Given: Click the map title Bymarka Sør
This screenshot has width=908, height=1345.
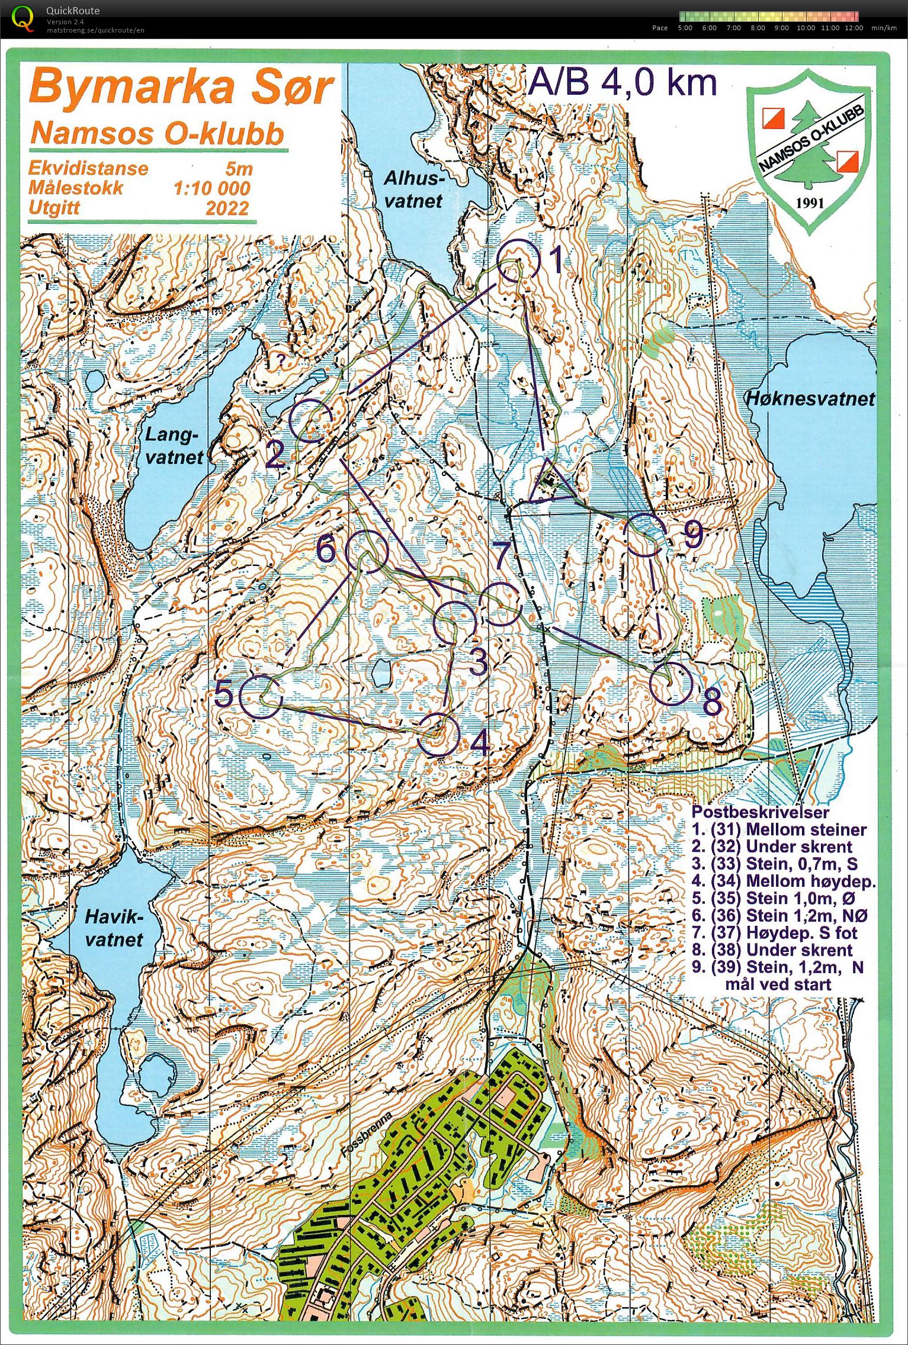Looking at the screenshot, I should [x=181, y=88].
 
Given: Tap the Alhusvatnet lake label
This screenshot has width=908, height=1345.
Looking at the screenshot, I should [x=413, y=189].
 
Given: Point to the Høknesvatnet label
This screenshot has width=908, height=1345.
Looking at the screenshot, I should [x=810, y=398].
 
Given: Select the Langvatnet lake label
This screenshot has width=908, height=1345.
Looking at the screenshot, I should [x=172, y=446].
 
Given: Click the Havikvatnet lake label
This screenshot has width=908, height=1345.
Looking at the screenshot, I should [x=114, y=928].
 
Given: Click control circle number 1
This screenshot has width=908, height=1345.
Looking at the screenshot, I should [x=518, y=260].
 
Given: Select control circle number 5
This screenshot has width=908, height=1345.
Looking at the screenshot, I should [x=261, y=697].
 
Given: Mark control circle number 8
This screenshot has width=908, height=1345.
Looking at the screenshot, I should [x=671, y=683].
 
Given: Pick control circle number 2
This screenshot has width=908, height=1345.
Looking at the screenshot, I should [x=311, y=420].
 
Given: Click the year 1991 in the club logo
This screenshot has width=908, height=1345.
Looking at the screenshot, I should [x=810, y=203].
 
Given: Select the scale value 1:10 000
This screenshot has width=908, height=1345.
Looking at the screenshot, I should [x=211, y=189].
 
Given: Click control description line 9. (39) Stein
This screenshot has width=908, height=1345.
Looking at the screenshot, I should [x=777, y=967].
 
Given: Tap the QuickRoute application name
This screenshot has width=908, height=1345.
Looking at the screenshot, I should [x=73, y=11].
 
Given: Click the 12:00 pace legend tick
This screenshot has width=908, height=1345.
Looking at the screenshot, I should [x=854, y=28].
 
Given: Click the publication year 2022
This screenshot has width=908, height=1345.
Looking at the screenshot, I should [x=227, y=208].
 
